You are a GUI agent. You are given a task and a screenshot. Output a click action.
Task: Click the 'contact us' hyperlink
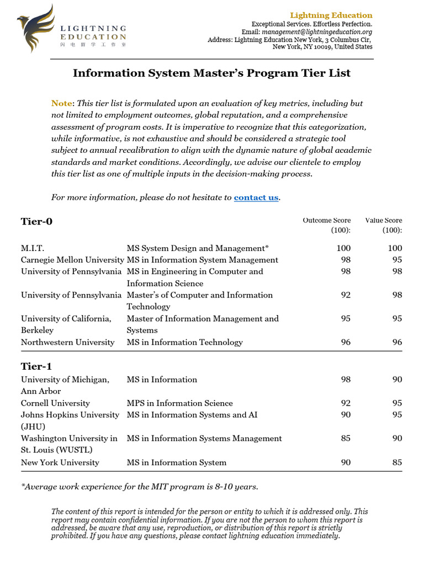256,198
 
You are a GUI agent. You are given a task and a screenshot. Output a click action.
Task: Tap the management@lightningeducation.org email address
329,32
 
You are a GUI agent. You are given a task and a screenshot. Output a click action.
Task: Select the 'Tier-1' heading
36,366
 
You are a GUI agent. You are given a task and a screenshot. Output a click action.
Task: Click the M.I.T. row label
33,248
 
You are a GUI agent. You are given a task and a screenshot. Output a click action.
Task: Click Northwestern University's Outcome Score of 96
345,342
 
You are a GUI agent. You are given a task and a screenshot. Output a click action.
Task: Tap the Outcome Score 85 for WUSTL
345,439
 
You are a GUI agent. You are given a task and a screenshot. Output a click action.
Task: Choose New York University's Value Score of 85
397,462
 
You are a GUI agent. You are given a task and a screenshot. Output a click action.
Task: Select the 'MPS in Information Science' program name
180,403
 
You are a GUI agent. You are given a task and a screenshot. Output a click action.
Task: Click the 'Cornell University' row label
55,403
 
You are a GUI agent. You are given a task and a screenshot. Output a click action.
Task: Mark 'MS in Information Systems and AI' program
192,415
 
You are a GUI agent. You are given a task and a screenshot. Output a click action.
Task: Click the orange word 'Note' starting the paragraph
62,103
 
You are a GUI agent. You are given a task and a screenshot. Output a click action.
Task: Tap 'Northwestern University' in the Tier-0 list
68,342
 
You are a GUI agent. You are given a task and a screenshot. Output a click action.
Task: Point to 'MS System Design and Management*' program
198,248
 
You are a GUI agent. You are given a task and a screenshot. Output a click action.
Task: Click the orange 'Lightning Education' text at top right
339,15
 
